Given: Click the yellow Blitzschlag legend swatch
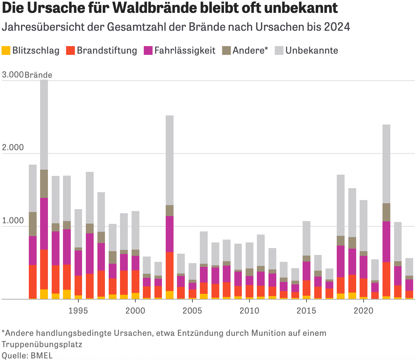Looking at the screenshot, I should [x=6, y=50].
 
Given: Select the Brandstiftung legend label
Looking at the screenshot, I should [x=107, y=50].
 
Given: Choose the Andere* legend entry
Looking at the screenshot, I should [x=250, y=50].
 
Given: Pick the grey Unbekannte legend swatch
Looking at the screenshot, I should [x=279, y=50].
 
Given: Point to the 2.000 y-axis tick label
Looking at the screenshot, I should [x=13, y=147].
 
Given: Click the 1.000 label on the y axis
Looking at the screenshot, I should [x=13, y=220].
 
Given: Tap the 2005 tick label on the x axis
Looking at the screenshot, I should [x=192, y=311].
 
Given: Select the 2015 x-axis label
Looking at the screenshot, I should [x=306, y=311].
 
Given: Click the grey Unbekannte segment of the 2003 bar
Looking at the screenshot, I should [x=169, y=160].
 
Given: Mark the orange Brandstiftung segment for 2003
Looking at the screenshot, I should [x=169, y=271].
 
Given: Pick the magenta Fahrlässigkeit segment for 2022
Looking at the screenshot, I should [x=386, y=241].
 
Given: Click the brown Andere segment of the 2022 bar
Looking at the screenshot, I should [x=386, y=212].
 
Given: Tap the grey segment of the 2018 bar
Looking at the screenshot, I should [x=341, y=205].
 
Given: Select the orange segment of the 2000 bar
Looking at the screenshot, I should [x=135, y=281].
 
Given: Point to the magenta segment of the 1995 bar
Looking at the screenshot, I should [x=78, y=263].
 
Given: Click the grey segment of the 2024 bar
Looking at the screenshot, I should [x=409, y=267].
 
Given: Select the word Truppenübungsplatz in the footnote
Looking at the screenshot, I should [x=42, y=344].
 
